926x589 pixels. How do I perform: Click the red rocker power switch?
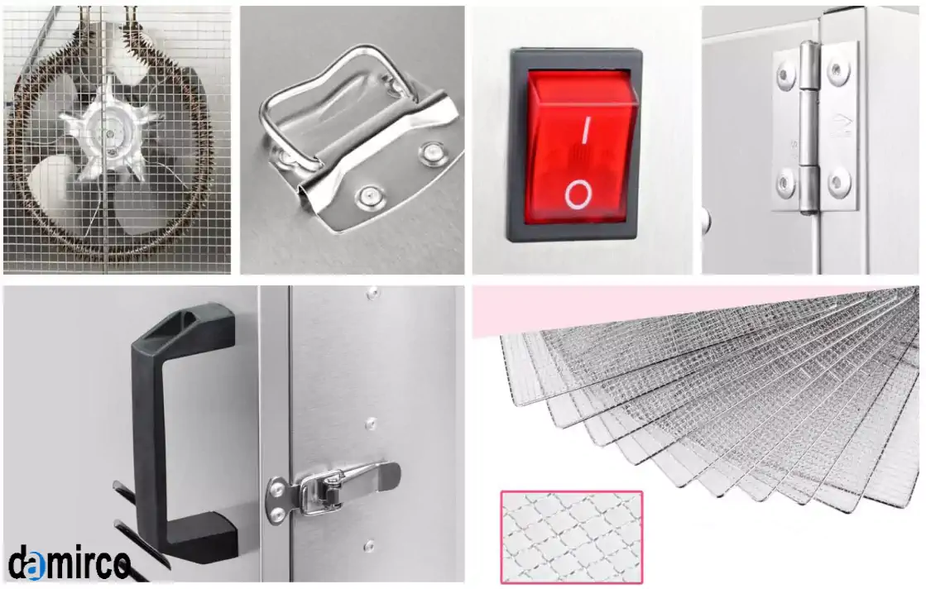click(581, 146)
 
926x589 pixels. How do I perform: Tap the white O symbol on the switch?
click(578, 194)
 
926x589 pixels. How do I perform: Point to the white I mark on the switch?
click(587, 130)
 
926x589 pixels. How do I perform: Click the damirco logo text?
click(69, 563)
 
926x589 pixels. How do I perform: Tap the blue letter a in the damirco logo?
click(36, 567)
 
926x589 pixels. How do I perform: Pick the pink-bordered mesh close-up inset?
click(571, 537)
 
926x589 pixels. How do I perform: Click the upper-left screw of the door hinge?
click(786, 75)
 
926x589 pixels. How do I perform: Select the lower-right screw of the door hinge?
click(838, 184)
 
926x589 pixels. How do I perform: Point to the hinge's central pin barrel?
click(809, 127)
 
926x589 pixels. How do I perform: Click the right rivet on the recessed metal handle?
click(433, 153)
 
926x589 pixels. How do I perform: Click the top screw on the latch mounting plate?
click(276, 488)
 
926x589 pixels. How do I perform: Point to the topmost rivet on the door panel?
click(372, 292)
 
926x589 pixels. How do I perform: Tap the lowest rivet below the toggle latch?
click(370, 546)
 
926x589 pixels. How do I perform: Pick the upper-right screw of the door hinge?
click(837, 71)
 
